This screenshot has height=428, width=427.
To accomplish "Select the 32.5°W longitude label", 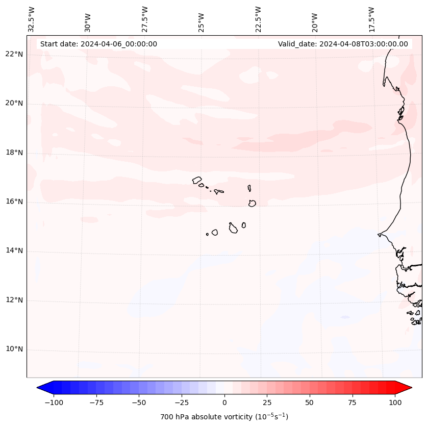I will point(32,18).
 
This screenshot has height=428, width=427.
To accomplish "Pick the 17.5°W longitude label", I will point(371,18).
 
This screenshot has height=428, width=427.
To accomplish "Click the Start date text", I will point(98,44).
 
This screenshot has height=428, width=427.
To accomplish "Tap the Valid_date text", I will point(343,44).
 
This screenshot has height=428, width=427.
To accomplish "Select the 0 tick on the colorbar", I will point(224,402).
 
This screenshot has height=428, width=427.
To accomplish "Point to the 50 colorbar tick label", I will point(309,402).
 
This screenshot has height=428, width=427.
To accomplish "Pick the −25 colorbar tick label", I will point(181,402).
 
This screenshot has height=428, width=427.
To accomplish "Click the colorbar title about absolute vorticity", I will point(224,417).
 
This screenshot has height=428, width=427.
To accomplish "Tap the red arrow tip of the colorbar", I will point(408,388).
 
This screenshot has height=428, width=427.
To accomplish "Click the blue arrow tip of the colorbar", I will point(40,388).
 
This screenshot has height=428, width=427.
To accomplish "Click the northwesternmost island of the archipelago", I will point(197,180).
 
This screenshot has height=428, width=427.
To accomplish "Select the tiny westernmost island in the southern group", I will point(207,234).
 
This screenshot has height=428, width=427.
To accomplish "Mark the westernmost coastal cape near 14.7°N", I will point(379,235).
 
